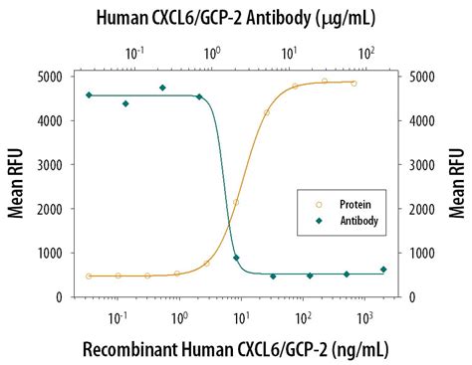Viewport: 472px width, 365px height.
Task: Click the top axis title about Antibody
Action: pos(235,16)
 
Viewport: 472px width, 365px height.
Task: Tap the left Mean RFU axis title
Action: pos(17,186)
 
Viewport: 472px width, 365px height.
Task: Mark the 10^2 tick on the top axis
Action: pos(365,52)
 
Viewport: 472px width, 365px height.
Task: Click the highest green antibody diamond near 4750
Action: pos(162,88)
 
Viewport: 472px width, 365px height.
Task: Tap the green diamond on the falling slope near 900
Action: pos(236,258)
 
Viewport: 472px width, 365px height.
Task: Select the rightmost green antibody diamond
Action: pos(383,270)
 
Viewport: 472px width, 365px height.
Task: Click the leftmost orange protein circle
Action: pos(89,275)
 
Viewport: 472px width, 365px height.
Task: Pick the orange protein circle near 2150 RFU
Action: pos(236,202)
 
